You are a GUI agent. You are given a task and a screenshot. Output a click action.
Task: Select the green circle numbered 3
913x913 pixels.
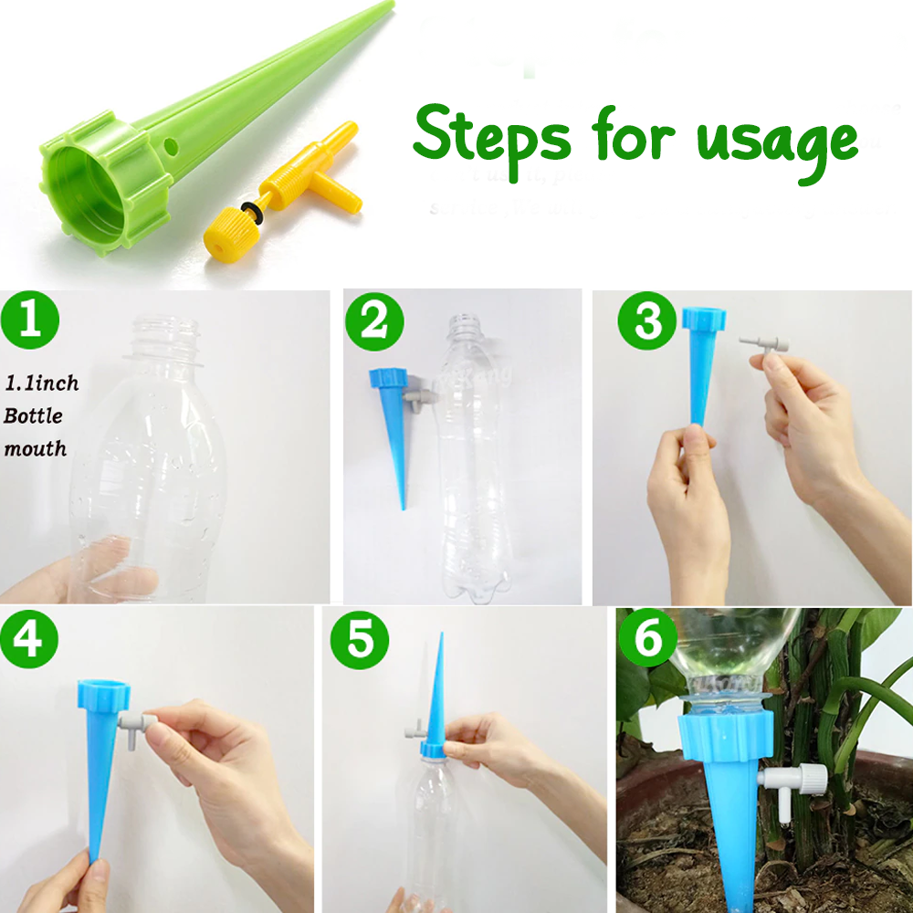[647, 322]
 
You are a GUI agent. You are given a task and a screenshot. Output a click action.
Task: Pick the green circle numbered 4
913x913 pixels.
[28, 639]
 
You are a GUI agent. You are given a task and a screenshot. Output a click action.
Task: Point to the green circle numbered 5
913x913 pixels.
[361, 640]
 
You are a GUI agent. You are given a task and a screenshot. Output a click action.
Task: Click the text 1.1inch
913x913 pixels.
[41, 383]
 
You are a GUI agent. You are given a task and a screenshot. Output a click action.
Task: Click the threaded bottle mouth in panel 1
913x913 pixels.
[167, 334]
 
